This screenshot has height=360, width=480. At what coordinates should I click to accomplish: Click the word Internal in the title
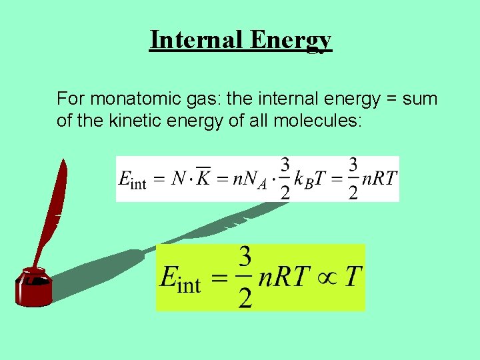pos(196,39)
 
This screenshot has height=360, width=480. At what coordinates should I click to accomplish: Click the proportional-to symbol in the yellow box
pos(322,276)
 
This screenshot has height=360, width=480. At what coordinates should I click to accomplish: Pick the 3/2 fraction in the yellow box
pos(245,277)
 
